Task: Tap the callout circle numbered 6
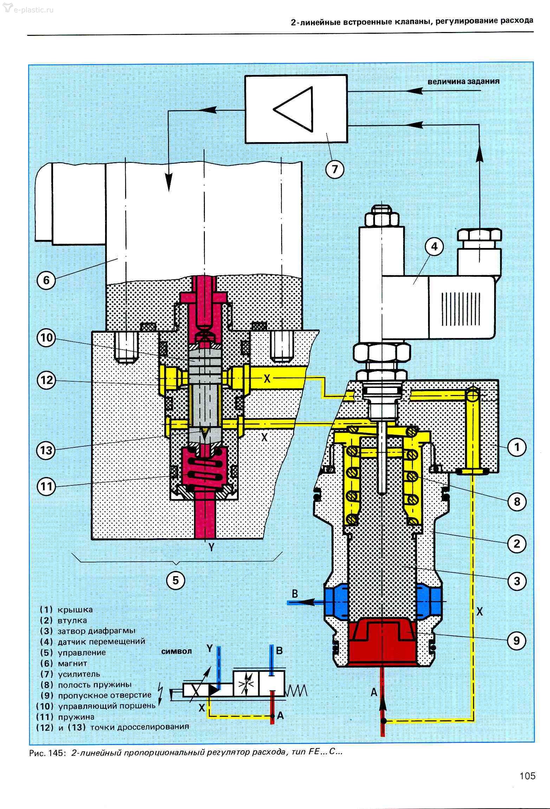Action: [46, 281]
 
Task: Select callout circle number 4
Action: [434, 247]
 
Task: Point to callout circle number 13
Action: [46, 450]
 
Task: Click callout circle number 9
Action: [516, 641]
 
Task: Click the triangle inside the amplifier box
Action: [293, 109]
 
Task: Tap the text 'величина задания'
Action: [464, 82]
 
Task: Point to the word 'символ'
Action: [176, 651]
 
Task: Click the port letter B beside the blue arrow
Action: [295, 594]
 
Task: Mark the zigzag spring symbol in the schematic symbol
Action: [297, 690]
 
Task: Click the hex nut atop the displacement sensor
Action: [381, 218]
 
